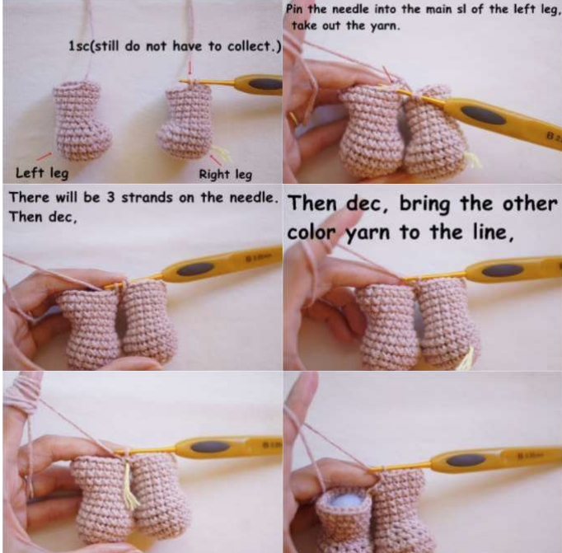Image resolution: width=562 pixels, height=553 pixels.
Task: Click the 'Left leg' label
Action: [x=42, y=173]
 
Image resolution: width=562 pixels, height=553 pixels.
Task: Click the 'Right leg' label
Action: [x=226, y=175]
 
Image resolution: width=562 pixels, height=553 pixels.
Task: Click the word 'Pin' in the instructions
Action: [x=296, y=9]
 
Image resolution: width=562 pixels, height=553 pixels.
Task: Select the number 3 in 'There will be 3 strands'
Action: [x=110, y=197]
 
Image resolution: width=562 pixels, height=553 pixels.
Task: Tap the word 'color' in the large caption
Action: [x=313, y=233]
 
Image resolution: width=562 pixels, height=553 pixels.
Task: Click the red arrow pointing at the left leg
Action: [x=44, y=157]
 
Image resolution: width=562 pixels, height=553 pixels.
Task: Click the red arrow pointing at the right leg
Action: [x=215, y=160]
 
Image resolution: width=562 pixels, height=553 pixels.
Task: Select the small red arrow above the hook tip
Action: [x=190, y=68]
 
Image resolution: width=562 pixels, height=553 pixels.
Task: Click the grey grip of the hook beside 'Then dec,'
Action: [x=195, y=269]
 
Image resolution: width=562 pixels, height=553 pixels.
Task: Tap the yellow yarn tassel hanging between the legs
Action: [x=129, y=485]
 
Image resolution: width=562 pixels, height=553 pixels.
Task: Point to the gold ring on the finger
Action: [x=294, y=119]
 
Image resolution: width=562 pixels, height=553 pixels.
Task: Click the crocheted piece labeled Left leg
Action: [x=82, y=120]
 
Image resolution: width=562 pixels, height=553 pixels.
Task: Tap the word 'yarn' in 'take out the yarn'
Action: [x=385, y=26]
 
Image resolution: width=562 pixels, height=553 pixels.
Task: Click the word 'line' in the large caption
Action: [x=493, y=232]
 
